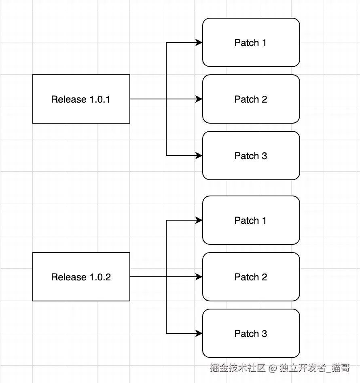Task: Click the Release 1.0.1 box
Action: tap(81, 99)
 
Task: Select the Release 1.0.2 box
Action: tap(81, 277)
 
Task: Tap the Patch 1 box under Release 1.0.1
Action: tap(251, 42)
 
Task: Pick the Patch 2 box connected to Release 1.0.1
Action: tap(251, 99)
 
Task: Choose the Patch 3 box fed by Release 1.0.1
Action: tap(251, 156)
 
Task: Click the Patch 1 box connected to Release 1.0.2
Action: tap(251, 220)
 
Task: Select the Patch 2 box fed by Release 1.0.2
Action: tap(251, 277)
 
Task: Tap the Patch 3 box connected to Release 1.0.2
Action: tap(251, 333)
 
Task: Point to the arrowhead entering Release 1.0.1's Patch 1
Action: tap(199, 42)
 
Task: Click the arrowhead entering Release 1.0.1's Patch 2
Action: tap(199, 99)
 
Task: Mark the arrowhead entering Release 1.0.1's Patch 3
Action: tap(199, 156)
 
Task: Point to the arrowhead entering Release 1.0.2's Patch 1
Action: tap(199, 220)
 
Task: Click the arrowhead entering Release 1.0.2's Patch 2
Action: tap(199, 277)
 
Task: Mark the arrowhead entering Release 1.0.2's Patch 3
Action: tap(199, 333)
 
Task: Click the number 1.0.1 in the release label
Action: tap(100, 99)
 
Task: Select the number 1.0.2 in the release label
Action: tap(100, 277)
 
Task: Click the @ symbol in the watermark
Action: tap(273, 368)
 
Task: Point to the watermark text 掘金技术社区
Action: tap(237, 368)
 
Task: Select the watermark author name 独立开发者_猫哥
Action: tap(315, 368)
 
